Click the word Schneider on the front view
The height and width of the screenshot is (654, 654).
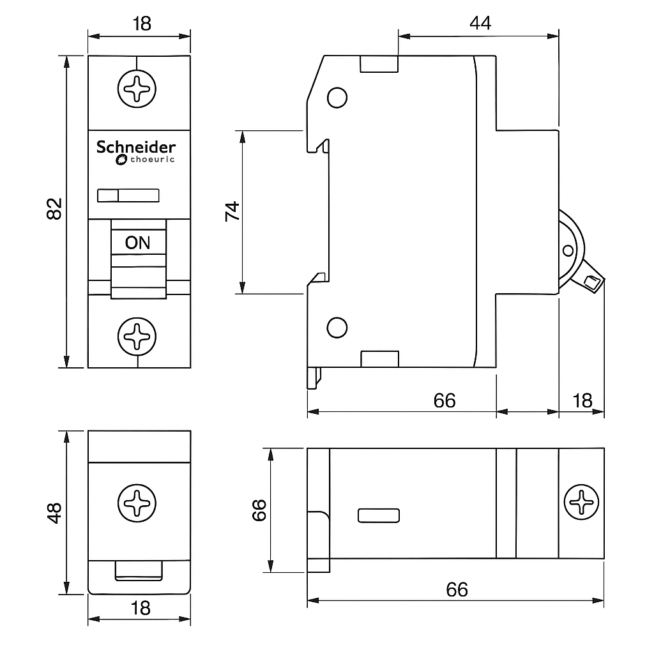click(x=136, y=147)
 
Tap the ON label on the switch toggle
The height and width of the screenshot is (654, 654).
click(x=137, y=243)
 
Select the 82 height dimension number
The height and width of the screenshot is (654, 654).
click(x=55, y=209)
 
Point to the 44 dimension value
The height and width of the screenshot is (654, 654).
click(x=480, y=24)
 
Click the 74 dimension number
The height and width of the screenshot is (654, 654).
click(x=232, y=211)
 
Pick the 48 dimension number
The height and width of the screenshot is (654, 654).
click(x=55, y=512)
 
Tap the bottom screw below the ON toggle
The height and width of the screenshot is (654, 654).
click(x=137, y=335)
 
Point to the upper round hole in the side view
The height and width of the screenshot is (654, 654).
click(x=337, y=97)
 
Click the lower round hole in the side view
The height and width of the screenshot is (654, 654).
click(x=337, y=327)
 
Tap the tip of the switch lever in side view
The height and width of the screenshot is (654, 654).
click(x=593, y=282)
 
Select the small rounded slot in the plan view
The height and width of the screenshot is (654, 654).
click(x=379, y=515)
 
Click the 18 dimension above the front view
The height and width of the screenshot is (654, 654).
click(x=142, y=24)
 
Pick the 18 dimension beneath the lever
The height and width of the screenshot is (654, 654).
click(x=582, y=400)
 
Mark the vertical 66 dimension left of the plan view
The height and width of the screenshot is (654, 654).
click(x=259, y=510)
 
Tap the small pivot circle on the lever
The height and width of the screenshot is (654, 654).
click(x=567, y=250)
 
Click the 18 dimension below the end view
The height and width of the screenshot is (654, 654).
click(x=141, y=607)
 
